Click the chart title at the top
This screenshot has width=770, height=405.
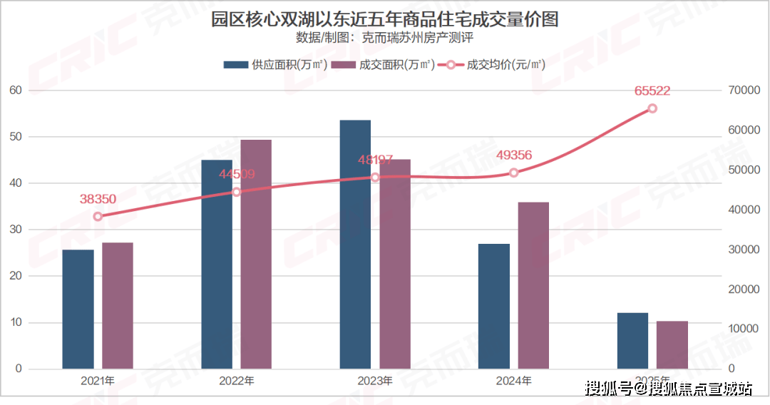384,19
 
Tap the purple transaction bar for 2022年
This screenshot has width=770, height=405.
256,254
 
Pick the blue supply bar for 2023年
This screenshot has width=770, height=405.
355,244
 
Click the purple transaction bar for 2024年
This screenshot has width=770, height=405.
533,285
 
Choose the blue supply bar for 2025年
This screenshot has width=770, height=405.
632,340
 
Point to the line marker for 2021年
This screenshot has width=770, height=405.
98,216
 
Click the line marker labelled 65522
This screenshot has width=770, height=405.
652,108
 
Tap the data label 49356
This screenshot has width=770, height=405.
513,155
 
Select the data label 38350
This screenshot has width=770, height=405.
97,199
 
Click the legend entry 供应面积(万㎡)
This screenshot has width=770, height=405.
275,65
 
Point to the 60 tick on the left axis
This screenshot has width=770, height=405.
15,91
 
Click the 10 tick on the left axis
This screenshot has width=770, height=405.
15,322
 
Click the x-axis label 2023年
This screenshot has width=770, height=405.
375,381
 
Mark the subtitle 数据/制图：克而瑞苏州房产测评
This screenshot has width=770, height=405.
384,39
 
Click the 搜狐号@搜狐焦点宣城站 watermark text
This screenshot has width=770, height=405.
668,389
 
